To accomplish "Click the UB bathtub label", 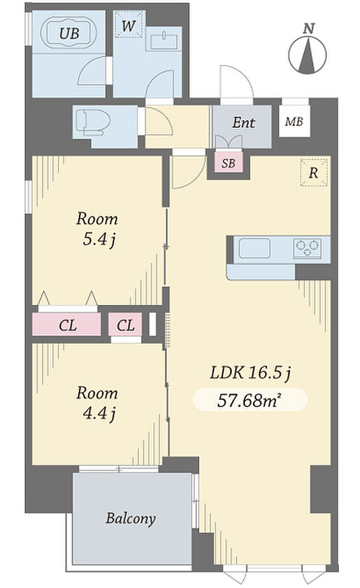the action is pos(69,34).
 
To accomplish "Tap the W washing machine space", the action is pos(129,24).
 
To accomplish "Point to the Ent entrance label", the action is pos(243,123).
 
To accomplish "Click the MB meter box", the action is pos(295,122).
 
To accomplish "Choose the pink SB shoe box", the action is pos(228,163).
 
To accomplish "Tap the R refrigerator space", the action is pos(314,173).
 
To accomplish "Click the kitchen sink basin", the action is pos(255,248).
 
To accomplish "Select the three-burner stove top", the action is pos(307,248).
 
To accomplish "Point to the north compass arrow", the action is pos(308,55).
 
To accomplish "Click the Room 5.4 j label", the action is pos(97,229).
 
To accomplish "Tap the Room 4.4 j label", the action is pos(97,403).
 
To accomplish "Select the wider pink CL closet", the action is pos(67,324).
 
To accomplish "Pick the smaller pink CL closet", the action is pos(125,324).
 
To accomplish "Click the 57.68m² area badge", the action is pos(250,400).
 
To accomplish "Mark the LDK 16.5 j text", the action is pos(250,373).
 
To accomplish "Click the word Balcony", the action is pos(131,518).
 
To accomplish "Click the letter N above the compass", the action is pos(309,29).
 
